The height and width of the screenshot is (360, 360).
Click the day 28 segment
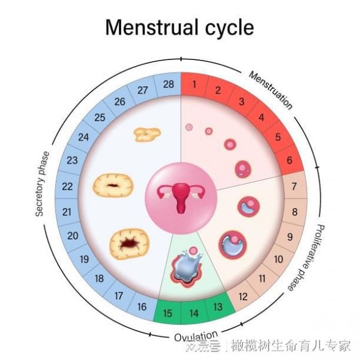pos(168,84)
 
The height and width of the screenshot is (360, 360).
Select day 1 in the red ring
pos(194,84)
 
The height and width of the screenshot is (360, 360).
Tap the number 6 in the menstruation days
pos(289,160)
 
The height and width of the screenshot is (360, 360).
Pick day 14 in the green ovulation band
pos(194,313)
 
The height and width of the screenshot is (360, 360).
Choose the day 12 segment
pos(243,296)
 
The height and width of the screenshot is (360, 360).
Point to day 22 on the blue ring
pos(67,187)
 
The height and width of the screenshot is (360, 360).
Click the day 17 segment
pos(118,296)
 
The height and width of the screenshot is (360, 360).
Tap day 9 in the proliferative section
pos(290,237)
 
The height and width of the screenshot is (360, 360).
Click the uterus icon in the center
pos(181,199)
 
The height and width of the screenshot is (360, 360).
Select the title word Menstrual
pos(152,28)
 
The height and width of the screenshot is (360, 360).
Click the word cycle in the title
pos(229,29)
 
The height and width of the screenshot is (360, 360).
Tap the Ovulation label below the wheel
pos(196,337)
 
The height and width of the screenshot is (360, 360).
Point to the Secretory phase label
pos(42,184)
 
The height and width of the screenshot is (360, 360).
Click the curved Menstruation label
pos(271,90)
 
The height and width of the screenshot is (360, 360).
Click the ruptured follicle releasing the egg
pos(187,267)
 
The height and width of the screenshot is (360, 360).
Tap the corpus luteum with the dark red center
pos(129,244)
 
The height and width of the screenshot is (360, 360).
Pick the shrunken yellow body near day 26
pos(147,134)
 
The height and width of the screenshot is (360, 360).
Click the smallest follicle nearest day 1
pos(189,127)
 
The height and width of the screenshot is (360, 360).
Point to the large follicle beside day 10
pos(233,245)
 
